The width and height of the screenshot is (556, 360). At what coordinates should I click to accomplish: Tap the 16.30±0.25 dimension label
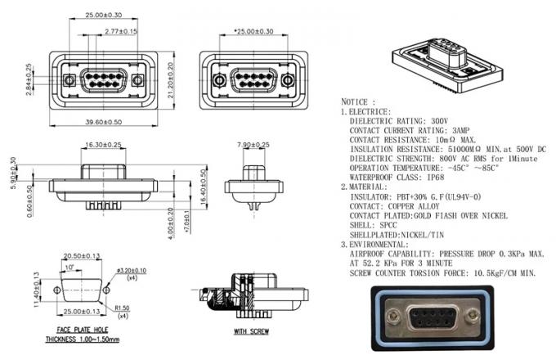coord(103,145)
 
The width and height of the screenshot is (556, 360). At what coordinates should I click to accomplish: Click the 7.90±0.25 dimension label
coord(253,145)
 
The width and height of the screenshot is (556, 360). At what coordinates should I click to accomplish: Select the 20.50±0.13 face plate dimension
coord(82,256)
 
